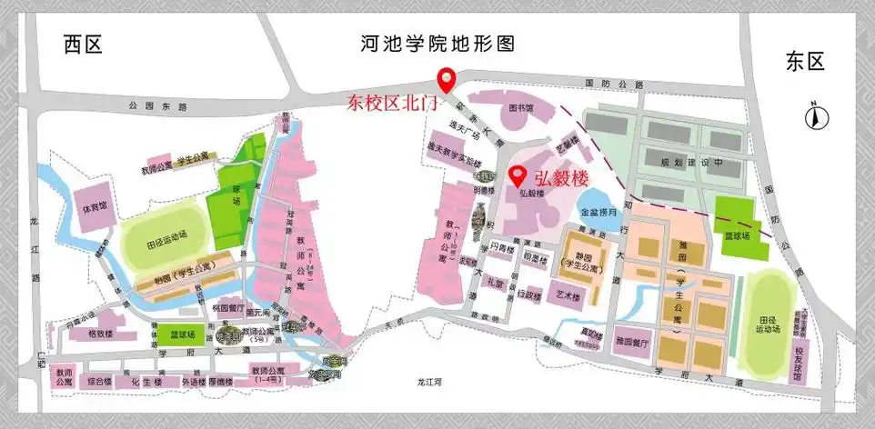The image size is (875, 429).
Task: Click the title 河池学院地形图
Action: tap(437, 44)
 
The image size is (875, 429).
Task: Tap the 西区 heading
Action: tap(85, 44)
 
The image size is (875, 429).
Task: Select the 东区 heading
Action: tap(804, 62)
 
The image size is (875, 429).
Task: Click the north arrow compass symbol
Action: tap(817, 115)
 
